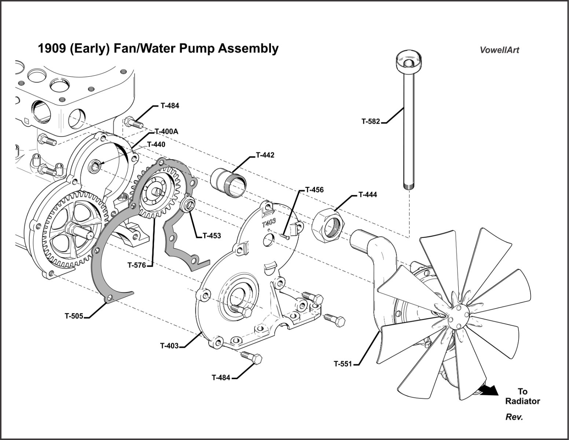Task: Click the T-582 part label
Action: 371,121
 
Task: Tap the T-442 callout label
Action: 265,155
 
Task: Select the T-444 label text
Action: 367,194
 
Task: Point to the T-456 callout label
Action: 314,190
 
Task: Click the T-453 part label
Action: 212,236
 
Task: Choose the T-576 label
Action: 137,265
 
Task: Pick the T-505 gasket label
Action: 74,316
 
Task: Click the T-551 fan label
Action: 342,364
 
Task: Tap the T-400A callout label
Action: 166,131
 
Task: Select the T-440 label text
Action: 156,145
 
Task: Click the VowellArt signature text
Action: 499,50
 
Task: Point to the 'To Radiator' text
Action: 522,396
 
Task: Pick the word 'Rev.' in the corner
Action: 514,417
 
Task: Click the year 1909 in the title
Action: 51,48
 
